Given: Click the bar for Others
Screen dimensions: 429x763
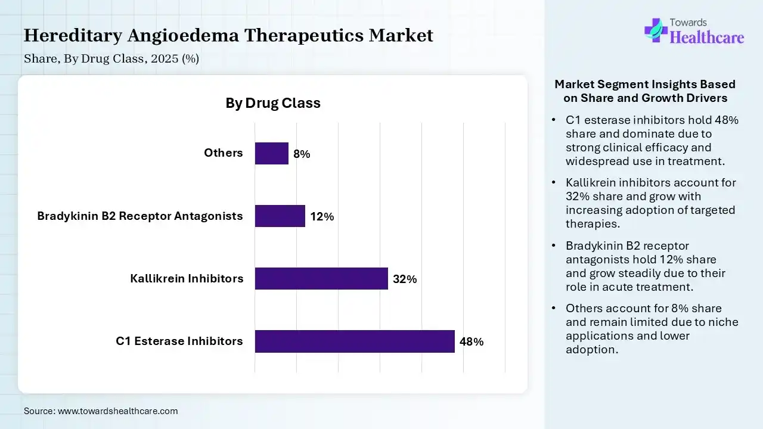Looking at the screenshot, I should point(272,153).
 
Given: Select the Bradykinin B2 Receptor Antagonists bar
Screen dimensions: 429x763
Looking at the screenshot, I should point(280,216).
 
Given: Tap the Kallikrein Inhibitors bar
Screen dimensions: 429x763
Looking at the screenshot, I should point(321,278).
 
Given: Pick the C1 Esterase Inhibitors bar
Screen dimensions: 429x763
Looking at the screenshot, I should point(355,341).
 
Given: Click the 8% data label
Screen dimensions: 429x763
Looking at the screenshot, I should point(302,154).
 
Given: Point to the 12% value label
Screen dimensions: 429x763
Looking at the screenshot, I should point(322,217).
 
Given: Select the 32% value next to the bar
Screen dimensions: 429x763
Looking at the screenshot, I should point(405,279).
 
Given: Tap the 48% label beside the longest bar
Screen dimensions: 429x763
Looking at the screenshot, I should point(472,342).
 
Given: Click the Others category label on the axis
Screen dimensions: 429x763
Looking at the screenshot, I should point(224,153).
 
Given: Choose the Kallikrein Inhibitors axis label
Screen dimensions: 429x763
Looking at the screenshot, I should point(187,278).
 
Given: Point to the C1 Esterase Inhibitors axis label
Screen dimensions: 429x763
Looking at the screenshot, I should point(179,341).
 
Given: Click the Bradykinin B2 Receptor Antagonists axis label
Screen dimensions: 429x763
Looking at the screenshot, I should point(140,216).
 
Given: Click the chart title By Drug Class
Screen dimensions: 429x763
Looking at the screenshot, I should point(273,103).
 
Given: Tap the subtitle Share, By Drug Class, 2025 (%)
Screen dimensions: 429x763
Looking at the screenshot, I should point(111,59).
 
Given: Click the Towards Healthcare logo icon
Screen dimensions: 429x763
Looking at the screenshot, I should point(655,29).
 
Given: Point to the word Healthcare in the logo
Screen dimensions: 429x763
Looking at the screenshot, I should point(708,38).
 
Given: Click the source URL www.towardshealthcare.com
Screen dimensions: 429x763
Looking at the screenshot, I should point(117,411).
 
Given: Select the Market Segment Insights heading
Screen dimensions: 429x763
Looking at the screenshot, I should point(645,91).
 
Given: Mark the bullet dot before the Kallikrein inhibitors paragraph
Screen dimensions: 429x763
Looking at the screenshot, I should point(554,183).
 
